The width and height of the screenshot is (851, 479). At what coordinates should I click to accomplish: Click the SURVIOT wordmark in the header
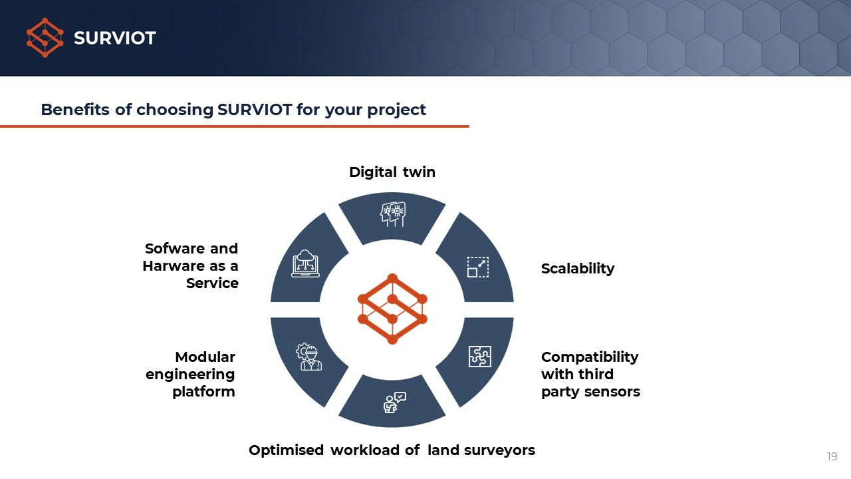tap(115, 38)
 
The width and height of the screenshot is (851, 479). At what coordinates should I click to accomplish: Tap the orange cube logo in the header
tap(45, 38)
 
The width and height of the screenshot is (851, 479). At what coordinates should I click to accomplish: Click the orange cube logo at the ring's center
tap(392, 309)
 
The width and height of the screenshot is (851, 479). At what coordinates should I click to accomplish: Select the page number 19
tap(832, 456)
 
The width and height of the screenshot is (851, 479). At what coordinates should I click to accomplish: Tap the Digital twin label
tap(392, 172)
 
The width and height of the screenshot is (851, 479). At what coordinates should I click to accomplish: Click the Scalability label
tap(578, 269)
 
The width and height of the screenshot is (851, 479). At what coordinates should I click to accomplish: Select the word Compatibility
tap(590, 357)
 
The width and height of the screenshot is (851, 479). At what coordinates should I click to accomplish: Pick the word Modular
tap(205, 357)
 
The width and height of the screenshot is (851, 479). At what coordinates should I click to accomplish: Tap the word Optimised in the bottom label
tap(286, 450)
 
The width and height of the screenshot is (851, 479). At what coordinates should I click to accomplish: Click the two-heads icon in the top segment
tap(393, 214)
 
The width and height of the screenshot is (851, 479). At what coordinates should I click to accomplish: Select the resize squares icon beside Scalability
tap(478, 267)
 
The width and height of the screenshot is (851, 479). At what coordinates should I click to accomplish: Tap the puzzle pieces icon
tap(480, 357)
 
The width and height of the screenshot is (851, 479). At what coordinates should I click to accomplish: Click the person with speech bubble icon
tap(394, 402)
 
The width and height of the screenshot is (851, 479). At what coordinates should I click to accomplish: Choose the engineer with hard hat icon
tap(309, 357)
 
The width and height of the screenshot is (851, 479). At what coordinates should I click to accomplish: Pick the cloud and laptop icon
tap(305, 263)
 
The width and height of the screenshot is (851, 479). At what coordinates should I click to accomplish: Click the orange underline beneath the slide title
tap(235, 126)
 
